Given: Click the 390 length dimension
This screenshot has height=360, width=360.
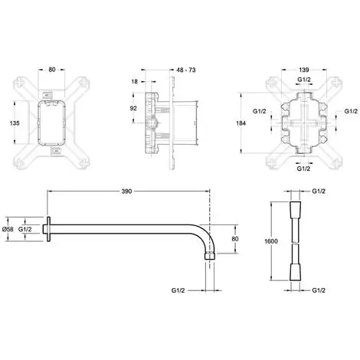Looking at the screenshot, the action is coord(126,191).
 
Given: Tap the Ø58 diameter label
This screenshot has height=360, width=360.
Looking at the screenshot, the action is coord(8,229).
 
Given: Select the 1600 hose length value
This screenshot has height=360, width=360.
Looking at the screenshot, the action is coord(271,241).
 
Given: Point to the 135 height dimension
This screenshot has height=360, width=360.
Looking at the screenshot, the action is coord(15,123).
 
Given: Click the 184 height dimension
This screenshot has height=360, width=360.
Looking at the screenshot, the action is coord(241,123).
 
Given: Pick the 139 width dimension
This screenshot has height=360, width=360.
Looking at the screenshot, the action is coord(304,70).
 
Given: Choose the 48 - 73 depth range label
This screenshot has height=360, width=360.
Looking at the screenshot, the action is coord(186,70).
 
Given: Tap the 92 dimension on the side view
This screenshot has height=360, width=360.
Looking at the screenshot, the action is coord(133,108).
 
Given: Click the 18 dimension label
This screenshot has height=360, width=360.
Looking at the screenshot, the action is coord(134,81).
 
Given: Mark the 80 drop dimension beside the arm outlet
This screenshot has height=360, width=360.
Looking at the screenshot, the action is coord(235,239).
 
